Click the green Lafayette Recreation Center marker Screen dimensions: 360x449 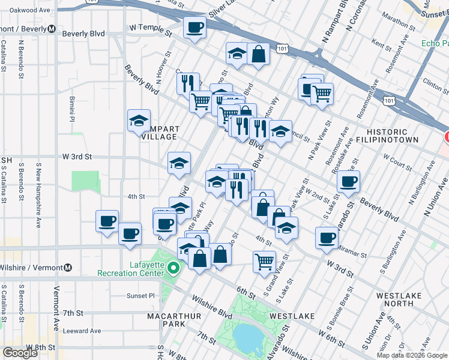coord(174,268)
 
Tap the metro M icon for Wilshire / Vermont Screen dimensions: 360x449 coord(68,268)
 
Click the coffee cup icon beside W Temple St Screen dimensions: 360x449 coord(194,28)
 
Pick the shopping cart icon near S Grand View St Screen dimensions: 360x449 coord(264,262)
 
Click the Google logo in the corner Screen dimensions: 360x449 coord(19,353)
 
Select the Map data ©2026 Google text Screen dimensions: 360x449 coord(412,355)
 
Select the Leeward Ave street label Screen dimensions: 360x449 coord(82,331)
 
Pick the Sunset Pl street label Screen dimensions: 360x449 coord(140,296)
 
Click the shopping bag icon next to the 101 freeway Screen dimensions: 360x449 coord(258,54)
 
